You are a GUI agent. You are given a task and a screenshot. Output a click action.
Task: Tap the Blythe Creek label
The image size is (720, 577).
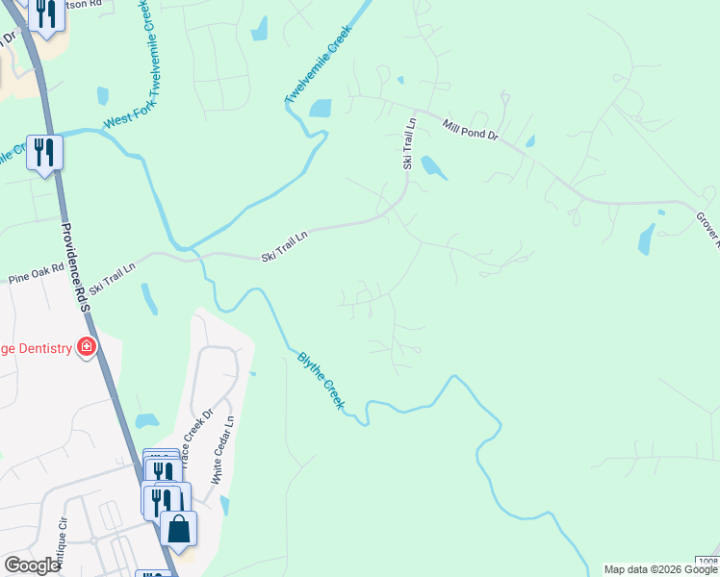tap(320, 380)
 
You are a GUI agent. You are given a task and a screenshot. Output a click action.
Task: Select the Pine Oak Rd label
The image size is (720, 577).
tap(36, 275)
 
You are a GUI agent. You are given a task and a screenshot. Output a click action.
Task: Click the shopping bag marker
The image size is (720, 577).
tap(178, 527)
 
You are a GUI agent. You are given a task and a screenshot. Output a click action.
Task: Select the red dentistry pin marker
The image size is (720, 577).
tap(87, 346)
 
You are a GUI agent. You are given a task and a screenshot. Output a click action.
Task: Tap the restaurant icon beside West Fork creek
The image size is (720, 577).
tap(44, 153)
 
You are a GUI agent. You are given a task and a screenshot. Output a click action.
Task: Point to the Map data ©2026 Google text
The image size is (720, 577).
tap(661, 569)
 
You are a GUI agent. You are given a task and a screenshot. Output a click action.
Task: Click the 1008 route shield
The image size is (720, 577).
tap(707, 561)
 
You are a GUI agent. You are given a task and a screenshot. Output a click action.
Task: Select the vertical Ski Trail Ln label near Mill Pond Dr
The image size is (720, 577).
tap(409, 144)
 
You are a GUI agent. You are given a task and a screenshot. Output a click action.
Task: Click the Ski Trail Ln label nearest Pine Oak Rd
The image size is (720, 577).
tap(114, 275)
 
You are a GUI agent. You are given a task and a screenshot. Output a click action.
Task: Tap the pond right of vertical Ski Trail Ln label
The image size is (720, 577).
tap(433, 167)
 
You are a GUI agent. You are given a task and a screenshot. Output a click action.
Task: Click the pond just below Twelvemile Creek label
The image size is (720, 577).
tap(319, 109)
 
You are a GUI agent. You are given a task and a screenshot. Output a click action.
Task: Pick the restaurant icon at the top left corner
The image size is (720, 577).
tap(45, 14)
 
